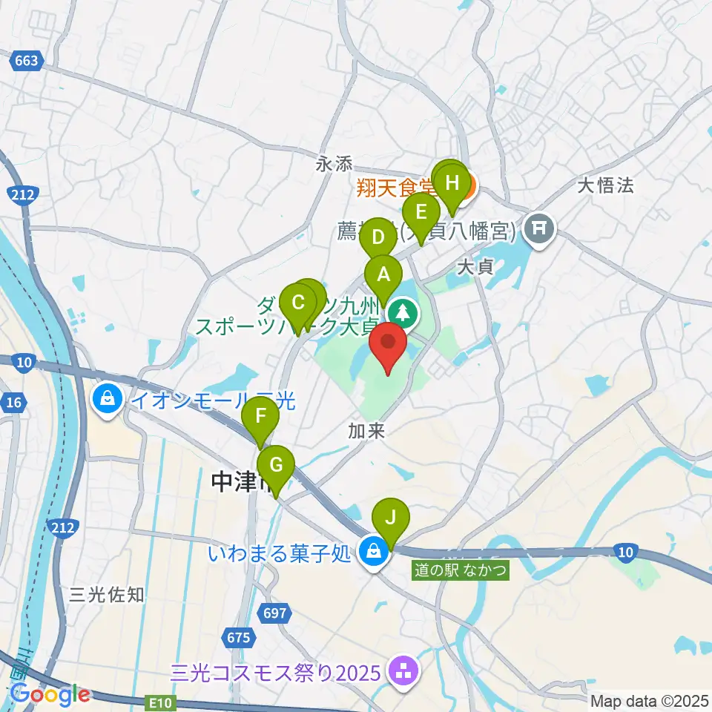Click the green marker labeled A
point(383,275)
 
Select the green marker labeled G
point(275,466)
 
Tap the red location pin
point(387,344)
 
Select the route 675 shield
point(237,637)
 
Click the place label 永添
point(333,165)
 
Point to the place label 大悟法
point(606,185)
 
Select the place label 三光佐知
point(107,594)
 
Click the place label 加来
point(366,431)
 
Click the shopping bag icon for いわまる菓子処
point(374,552)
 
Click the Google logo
point(50,694)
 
